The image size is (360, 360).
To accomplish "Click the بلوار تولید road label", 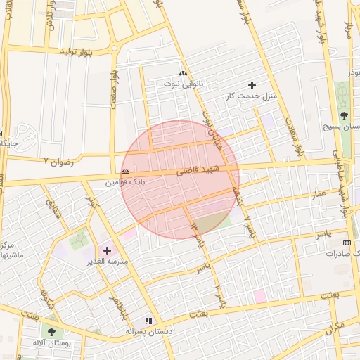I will tap(78, 51).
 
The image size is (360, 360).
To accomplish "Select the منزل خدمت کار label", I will tap(252, 95).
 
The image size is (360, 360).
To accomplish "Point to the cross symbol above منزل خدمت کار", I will tap(252, 85).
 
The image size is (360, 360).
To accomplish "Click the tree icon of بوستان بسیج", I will tap(344, 115).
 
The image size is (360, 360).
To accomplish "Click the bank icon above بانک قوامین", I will tap(125, 172).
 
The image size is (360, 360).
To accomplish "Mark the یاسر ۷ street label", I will tap(247, 226).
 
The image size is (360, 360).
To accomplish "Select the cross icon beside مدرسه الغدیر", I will tap(107, 250).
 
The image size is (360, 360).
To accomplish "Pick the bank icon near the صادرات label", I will tap(346, 243).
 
